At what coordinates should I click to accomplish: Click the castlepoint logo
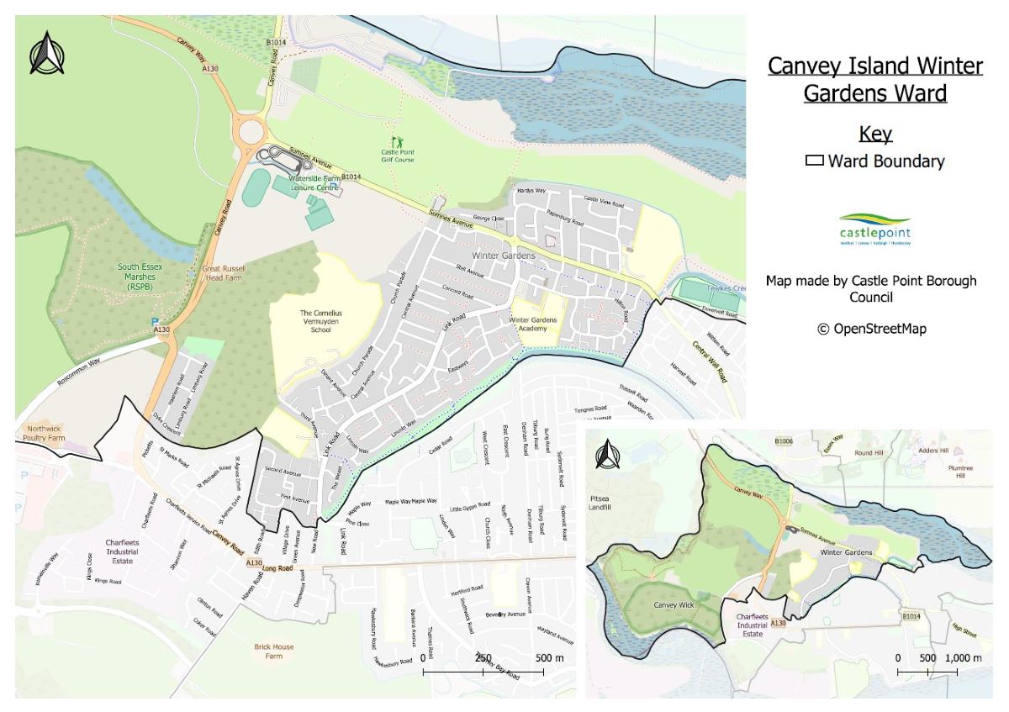tap(874, 229)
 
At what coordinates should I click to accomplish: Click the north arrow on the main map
tap(46, 53)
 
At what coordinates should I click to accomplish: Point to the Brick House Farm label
tap(274, 651)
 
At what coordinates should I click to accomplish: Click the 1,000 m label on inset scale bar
tap(964, 657)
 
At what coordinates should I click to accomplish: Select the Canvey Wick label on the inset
tap(670, 604)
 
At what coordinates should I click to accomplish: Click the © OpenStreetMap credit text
tap(871, 329)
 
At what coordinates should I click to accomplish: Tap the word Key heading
tap(874, 134)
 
